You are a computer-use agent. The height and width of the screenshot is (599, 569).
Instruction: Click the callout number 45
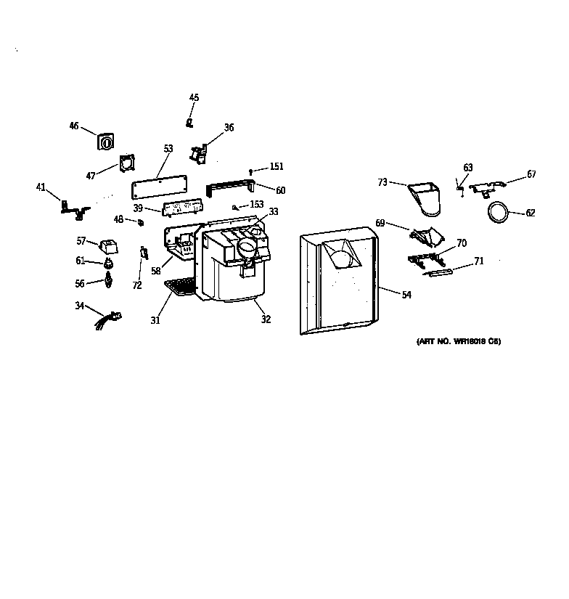pos(194,97)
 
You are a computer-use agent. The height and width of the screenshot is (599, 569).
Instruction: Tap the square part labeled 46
pos(106,141)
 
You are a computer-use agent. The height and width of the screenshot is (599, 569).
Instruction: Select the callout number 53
pos(168,149)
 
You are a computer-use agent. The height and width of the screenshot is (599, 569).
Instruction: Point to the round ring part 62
pos(496,212)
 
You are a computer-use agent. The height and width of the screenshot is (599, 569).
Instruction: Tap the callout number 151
pos(277,167)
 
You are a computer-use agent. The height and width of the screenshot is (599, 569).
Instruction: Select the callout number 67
pos(532,174)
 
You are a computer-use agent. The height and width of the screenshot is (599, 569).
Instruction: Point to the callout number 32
pos(266,319)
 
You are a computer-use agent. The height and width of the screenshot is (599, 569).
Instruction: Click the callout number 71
pos(479,261)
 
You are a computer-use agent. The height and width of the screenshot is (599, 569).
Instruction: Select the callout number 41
pos(41,187)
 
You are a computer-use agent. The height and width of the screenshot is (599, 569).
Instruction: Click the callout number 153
pos(257,205)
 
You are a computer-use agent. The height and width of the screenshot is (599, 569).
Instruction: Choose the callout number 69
pos(380,223)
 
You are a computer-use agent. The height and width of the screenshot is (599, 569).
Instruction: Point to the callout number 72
pos(137,285)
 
